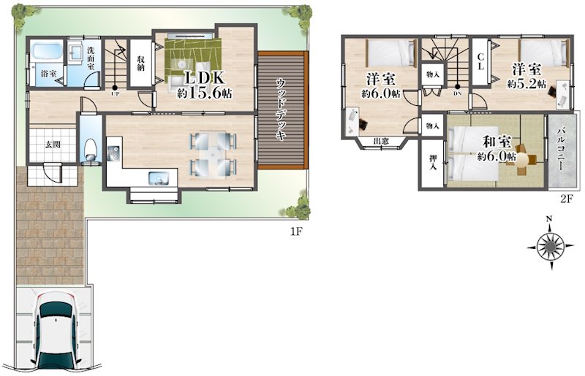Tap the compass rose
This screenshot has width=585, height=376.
pyautogui.click(x=551, y=246)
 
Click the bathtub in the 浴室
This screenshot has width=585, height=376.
pyautogui.click(x=46, y=51)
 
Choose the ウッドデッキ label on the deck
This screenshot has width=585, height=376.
pyautogui.click(x=282, y=110)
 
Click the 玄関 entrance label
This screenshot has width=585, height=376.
pyautogui.click(x=53, y=145)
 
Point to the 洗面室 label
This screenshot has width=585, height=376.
pyautogui.click(x=91, y=58)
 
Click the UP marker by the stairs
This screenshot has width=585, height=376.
pyautogui.click(x=115, y=94)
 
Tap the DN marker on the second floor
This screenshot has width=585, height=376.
pyautogui.click(x=458, y=93)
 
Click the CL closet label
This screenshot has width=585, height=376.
pyautogui.click(x=480, y=62)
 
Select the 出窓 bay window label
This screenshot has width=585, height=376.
pyautogui.click(x=381, y=141)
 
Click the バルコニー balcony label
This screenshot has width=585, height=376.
pyautogui.click(x=561, y=150)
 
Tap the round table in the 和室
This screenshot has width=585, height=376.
pyautogui.click(x=522, y=160)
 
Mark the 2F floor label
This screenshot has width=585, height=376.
pyautogui.click(x=565, y=199)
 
